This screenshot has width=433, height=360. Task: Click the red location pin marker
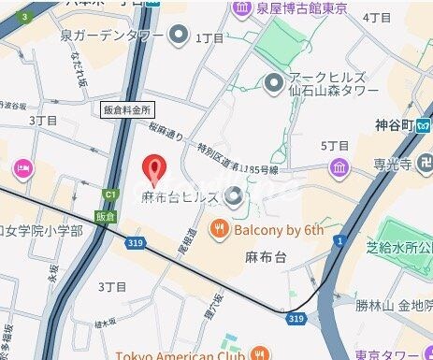coord(153,168)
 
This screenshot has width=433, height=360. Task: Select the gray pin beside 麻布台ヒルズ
coord(235,196)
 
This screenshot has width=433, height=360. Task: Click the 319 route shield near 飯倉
coord(137,242)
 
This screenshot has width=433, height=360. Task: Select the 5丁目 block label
coord(334,145)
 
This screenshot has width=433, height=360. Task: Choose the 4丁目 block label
coord(377,17)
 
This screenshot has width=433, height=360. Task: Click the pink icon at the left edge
coord(21,169)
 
